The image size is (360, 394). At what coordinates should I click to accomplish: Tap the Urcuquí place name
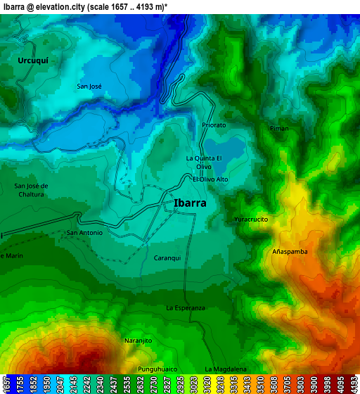point(33,61)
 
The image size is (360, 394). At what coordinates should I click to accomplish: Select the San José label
point(89,87)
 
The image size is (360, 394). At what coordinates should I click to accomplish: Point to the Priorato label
point(214,125)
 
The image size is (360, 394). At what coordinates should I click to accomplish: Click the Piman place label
point(279,129)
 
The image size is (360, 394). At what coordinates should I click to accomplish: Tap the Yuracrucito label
point(251,220)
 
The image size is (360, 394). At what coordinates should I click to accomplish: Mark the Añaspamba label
point(290,251)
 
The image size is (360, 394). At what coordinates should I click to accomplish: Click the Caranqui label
point(167,258)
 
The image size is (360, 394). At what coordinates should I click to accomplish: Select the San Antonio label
point(84,233)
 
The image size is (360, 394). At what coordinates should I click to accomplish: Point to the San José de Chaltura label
point(31,190)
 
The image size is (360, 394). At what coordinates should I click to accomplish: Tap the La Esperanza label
point(186,308)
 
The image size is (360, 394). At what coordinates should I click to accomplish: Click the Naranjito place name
point(139,341)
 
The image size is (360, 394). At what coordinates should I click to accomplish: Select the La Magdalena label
point(226,369)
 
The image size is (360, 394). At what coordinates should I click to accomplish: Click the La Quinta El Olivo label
point(204,163)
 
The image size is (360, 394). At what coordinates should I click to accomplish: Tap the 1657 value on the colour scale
point(6,383)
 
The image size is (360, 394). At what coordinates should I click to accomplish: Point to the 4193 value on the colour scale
point(354,383)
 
